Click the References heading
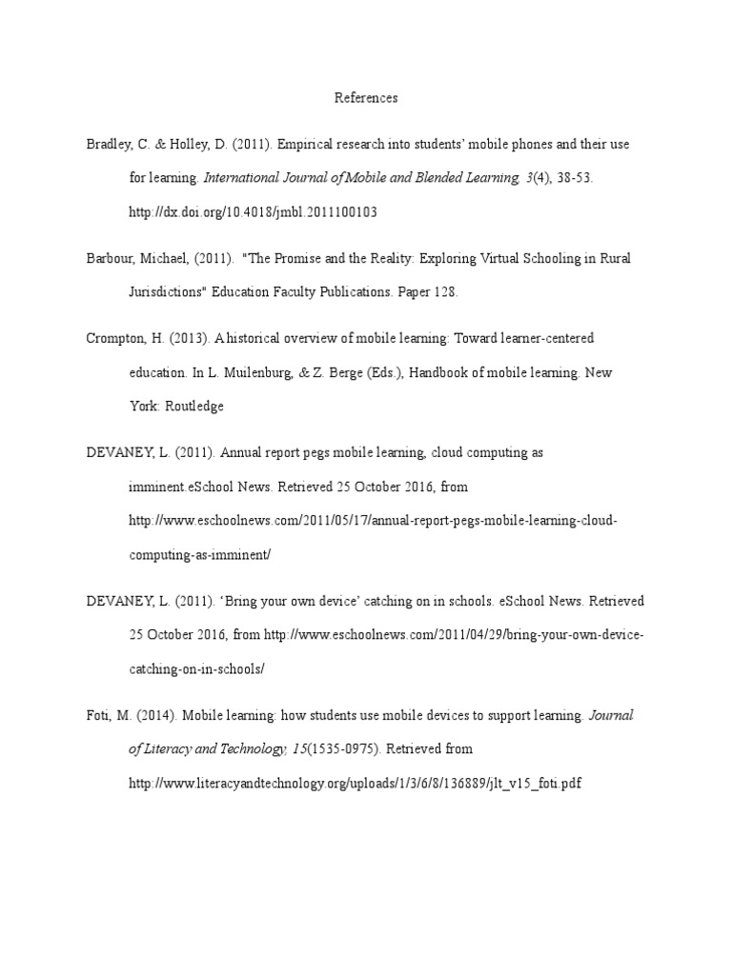pos(366,98)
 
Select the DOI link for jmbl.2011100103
pos(253,212)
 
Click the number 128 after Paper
pos(444,292)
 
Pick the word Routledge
pos(195,407)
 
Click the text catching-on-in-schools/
pos(196,669)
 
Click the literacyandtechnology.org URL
pos(355,784)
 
